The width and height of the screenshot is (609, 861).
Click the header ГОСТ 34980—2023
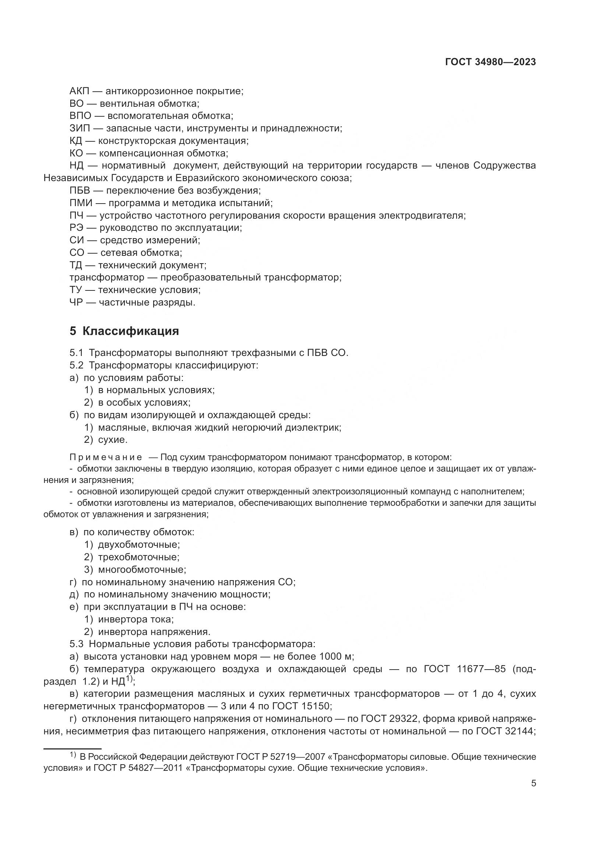point(490,62)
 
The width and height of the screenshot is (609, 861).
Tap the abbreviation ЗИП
point(80,128)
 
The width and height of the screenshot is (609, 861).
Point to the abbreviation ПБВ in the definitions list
point(80,191)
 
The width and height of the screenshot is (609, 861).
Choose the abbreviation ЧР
point(76,302)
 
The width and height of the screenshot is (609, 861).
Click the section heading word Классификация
point(130,331)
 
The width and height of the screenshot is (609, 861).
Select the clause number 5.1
point(76,353)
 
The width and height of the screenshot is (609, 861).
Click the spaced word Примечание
point(106,457)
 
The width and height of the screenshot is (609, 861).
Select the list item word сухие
point(113,440)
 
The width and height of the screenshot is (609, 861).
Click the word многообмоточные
point(142,569)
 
